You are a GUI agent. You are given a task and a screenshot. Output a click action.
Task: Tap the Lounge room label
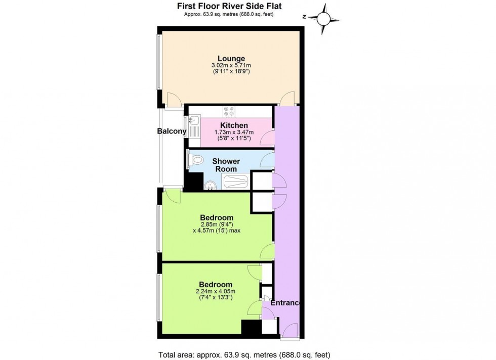pyautogui.click(x=231, y=58)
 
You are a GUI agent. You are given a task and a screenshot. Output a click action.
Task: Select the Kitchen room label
pyautogui.click(x=233, y=125)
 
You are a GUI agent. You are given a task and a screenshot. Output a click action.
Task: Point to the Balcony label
pyautogui.click(x=171, y=131)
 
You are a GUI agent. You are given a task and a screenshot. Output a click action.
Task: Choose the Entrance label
pyautogui.click(x=285, y=303)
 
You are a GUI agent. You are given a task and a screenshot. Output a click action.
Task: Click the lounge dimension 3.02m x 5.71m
pyautogui.click(x=231, y=66)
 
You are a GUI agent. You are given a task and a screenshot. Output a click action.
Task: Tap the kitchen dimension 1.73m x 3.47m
pyautogui.click(x=233, y=132)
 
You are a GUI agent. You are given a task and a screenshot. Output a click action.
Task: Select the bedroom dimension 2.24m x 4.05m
pyautogui.click(x=216, y=291)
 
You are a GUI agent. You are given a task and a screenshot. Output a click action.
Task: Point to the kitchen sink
pyautogui.click(x=194, y=121)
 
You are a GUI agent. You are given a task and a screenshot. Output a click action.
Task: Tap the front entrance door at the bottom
pyautogui.click(x=290, y=331)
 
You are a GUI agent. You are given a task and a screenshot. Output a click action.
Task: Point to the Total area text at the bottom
pyautogui.click(x=241, y=354)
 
